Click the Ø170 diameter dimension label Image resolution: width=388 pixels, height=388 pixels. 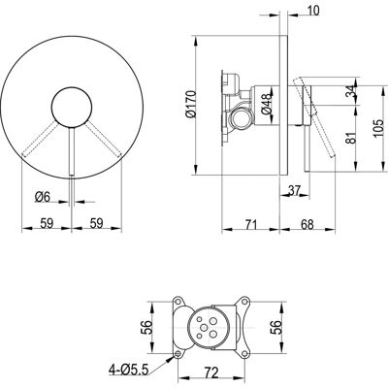pos(190,104)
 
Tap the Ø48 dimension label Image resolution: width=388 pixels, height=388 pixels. pos(267,104)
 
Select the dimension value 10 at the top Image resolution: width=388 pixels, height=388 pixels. pos(311,11)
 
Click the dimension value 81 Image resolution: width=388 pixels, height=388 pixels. pos(352,138)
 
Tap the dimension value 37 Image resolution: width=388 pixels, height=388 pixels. pos(294,190)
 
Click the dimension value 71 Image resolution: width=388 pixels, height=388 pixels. pos(250,224)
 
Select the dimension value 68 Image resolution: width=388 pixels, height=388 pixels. pos(307,224)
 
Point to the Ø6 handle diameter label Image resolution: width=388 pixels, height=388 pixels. pos(43,197)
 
